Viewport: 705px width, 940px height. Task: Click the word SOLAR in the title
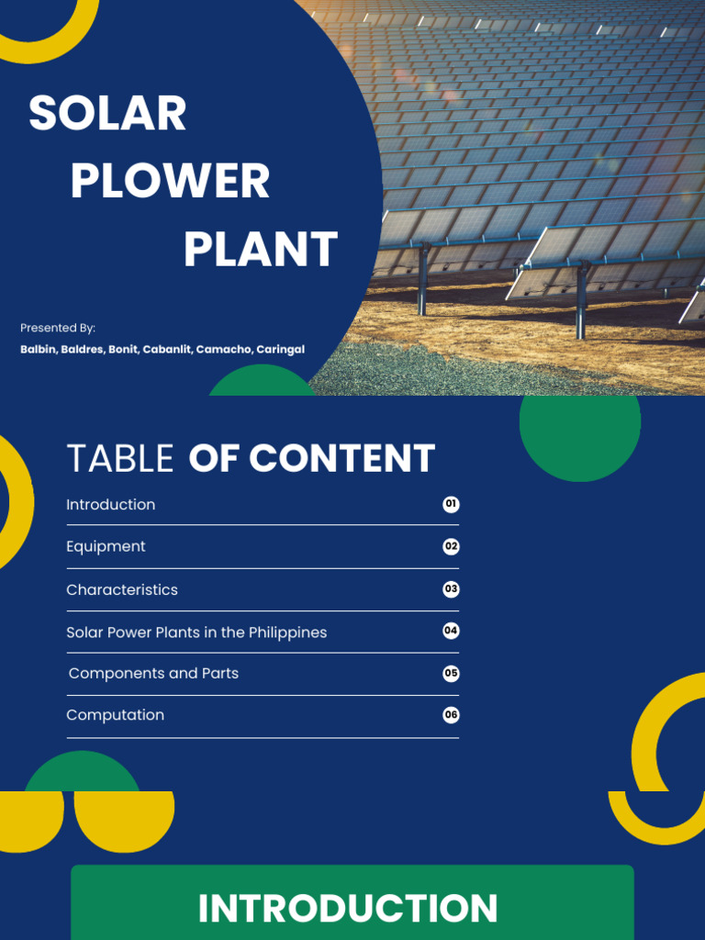(107, 114)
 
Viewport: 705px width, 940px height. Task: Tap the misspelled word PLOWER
(170, 181)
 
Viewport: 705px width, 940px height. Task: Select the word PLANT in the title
(261, 250)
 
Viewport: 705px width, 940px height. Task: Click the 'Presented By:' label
(58, 328)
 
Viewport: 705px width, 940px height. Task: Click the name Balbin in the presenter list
(38, 350)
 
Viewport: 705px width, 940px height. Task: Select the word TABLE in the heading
(120, 458)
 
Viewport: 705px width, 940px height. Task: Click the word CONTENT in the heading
(341, 458)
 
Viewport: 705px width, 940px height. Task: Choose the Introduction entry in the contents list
(111, 505)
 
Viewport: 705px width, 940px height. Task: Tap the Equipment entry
(106, 547)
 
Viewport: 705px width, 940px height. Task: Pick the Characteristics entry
(122, 589)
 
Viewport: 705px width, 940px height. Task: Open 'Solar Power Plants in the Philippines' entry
(196, 632)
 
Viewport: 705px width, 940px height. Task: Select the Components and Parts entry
(153, 674)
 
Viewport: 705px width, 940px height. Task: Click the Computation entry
(116, 715)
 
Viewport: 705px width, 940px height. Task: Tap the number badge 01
(451, 504)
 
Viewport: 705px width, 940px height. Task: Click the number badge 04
(451, 631)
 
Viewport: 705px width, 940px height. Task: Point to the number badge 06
(451, 715)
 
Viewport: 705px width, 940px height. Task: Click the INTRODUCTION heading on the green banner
(348, 909)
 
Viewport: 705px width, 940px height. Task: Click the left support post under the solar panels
(423, 279)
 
